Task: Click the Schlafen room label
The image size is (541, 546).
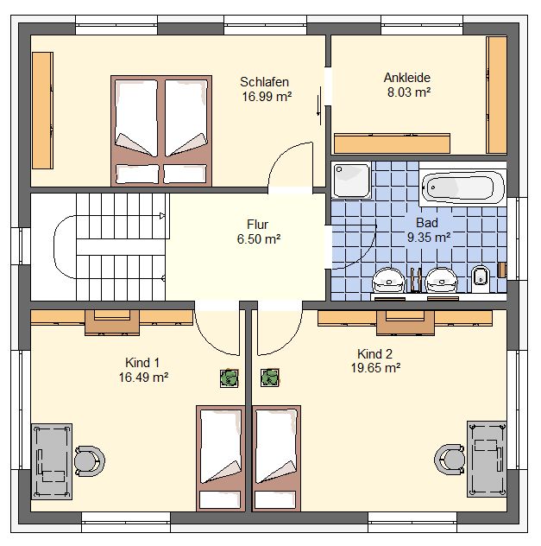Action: [x=264, y=82]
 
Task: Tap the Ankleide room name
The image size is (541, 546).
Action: [x=406, y=78]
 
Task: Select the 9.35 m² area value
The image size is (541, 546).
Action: [x=429, y=238]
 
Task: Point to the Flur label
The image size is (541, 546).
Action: [x=258, y=225]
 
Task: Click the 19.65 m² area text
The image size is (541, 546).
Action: [x=375, y=368]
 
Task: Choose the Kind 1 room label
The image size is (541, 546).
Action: [x=142, y=363]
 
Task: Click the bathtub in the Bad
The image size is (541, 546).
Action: [x=462, y=188]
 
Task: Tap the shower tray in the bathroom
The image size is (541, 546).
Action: [x=351, y=180]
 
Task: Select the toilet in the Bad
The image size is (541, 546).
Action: [x=480, y=279]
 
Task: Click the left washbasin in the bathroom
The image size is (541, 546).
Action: [x=389, y=281]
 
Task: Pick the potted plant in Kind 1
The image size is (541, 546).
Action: [x=230, y=378]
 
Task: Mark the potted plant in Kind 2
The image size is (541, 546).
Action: [x=270, y=378]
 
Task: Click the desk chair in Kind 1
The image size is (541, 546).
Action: [x=90, y=461]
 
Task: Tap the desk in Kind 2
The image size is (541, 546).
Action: [x=487, y=459]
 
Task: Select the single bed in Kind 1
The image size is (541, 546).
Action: [x=221, y=458]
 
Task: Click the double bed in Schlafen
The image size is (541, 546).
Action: [x=161, y=131]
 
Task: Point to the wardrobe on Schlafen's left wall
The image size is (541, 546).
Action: [x=43, y=111]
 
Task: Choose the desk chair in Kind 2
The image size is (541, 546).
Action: [x=450, y=460]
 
